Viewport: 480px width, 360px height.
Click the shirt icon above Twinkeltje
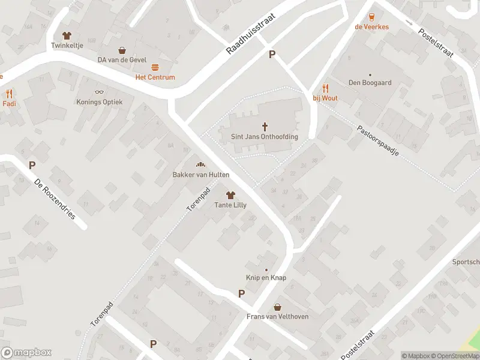point(66,35)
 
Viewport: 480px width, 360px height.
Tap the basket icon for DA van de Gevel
point(122,50)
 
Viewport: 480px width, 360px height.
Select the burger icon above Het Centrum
point(155,68)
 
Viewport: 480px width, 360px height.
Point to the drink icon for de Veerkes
point(371,17)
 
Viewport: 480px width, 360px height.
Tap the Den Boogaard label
point(370,82)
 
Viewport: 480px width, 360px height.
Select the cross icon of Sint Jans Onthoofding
point(265,127)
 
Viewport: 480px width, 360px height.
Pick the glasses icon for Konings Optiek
point(99,92)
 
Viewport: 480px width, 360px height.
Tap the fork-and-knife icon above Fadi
point(9,94)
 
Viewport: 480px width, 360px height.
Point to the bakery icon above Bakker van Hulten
point(200,164)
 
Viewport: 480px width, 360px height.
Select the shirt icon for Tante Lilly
point(230,195)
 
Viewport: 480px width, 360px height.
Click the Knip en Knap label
point(266,278)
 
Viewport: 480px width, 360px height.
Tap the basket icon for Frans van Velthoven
point(277,307)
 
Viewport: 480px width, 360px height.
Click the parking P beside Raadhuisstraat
point(272,55)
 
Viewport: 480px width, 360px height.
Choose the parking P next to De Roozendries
point(32,165)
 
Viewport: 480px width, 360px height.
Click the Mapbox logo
point(26,353)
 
